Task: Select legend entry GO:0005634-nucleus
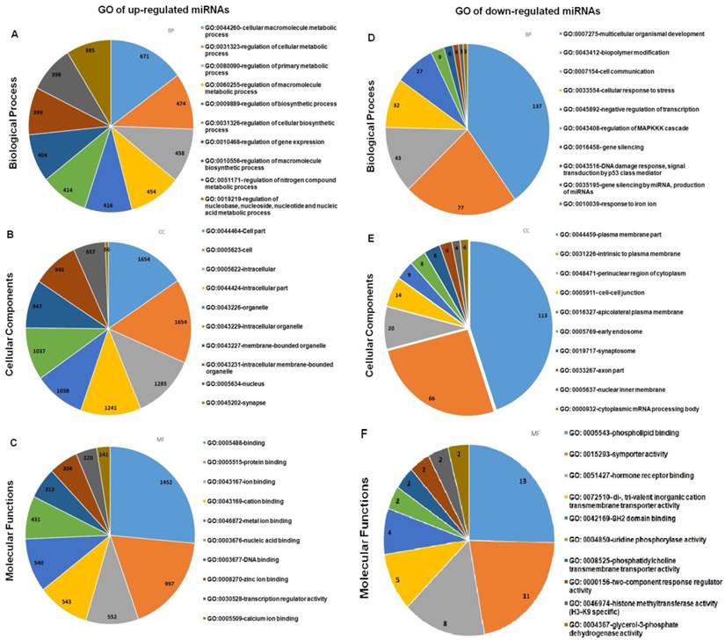237,383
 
